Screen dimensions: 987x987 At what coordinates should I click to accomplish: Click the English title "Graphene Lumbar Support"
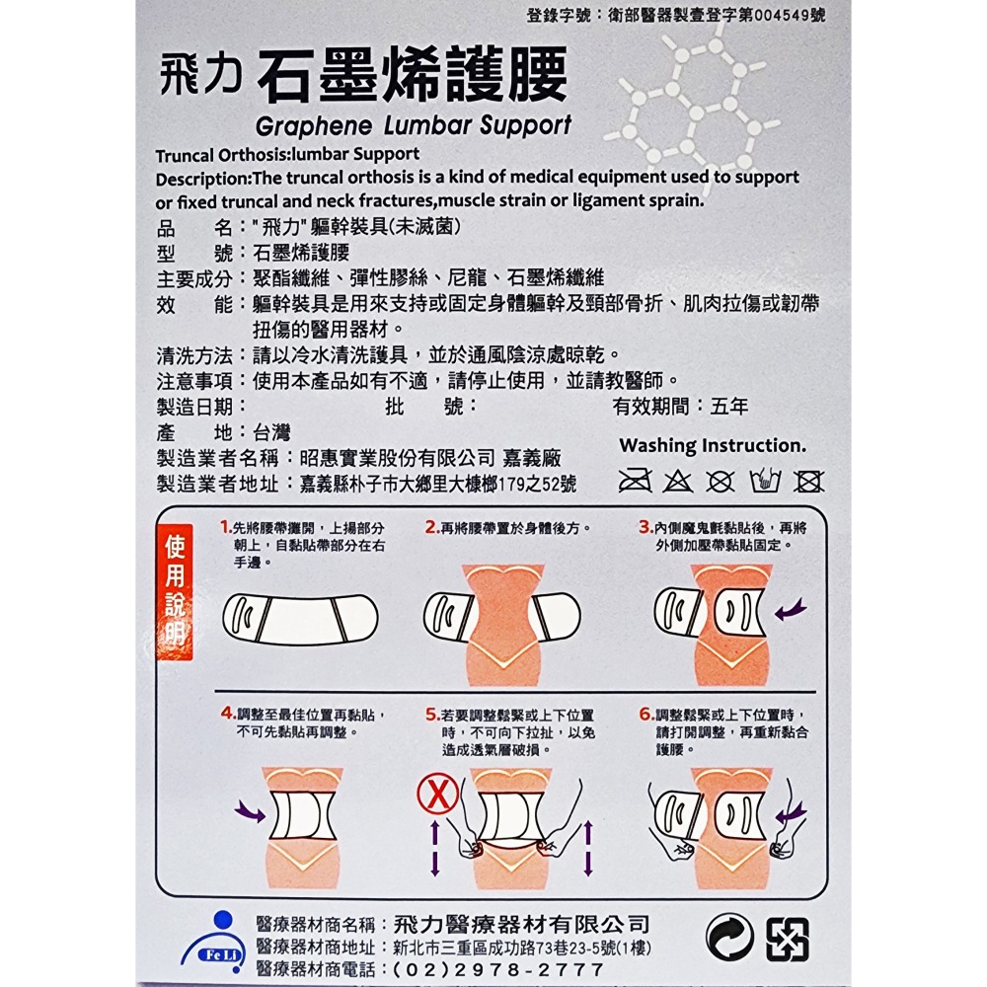[413, 125]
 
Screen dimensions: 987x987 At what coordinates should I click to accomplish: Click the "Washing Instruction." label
[713, 445]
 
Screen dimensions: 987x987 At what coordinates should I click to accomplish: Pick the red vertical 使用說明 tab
[175, 590]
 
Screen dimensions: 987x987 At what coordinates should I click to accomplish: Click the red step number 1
[226, 527]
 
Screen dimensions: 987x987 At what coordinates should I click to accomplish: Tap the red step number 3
[645, 527]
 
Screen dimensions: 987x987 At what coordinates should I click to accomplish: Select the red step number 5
[431, 714]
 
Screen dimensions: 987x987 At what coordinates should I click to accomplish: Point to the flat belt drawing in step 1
[301, 619]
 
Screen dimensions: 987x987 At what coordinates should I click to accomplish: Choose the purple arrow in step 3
[790, 611]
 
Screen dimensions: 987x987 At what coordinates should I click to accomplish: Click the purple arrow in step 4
[250, 811]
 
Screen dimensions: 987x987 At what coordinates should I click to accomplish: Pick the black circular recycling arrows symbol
[730, 939]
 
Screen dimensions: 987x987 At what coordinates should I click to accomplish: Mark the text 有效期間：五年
[681, 406]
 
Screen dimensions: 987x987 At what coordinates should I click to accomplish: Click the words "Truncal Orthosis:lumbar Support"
[287, 154]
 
